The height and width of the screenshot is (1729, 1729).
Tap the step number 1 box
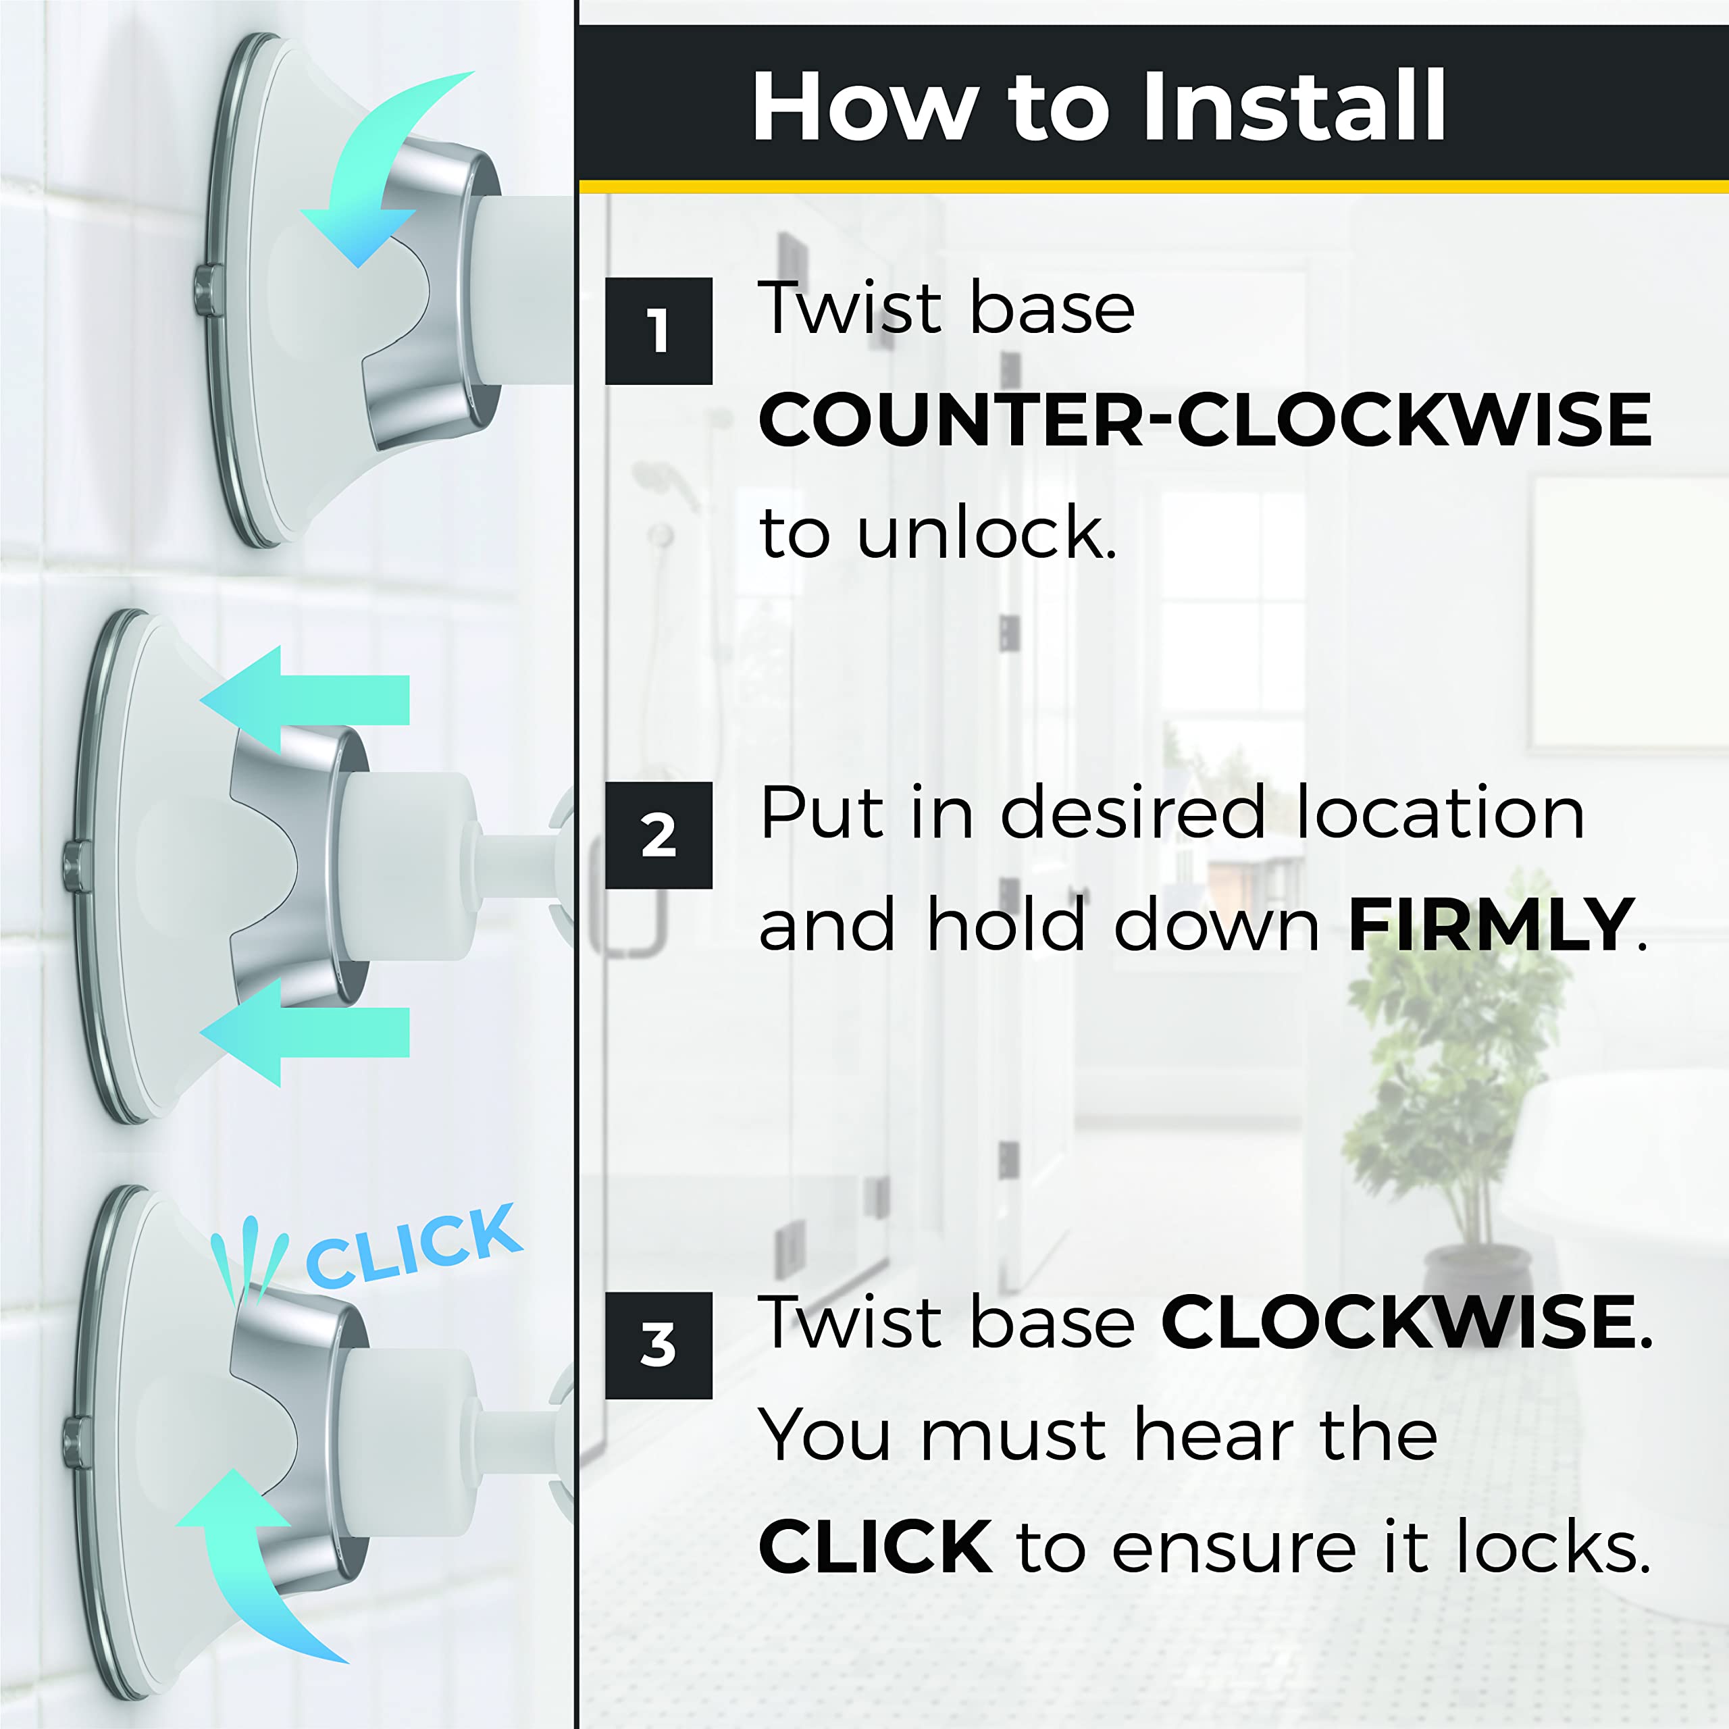[658, 330]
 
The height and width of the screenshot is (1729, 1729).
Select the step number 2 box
[658, 835]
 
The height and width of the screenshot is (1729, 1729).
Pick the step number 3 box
[658, 1345]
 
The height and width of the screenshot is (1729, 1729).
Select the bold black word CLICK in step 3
[875, 1545]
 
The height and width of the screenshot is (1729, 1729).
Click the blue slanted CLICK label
[413, 1245]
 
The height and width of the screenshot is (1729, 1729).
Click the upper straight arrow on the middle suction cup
[305, 700]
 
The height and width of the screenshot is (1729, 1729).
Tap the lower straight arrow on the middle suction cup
[305, 1032]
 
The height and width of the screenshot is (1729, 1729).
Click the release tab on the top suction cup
[207, 290]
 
